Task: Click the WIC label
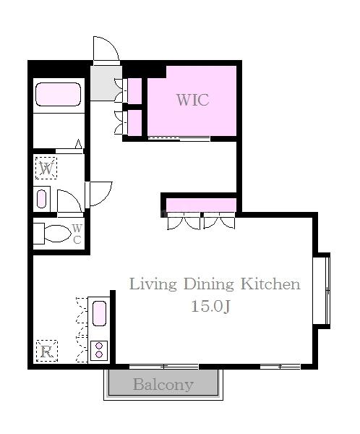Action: click(193, 100)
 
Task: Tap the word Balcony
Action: click(163, 385)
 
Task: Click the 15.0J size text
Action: click(211, 306)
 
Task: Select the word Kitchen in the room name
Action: click(270, 284)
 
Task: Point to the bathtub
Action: click(58, 94)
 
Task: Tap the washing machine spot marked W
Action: click(46, 168)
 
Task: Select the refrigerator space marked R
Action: click(47, 351)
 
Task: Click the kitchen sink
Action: click(99, 313)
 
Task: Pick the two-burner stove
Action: click(99, 350)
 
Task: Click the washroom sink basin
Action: click(41, 199)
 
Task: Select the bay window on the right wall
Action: click(322, 291)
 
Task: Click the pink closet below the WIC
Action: click(201, 205)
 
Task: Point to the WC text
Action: click(77, 234)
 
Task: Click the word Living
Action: click(153, 284)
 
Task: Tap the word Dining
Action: click(209, 284)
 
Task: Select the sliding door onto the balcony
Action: click(164, 367)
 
